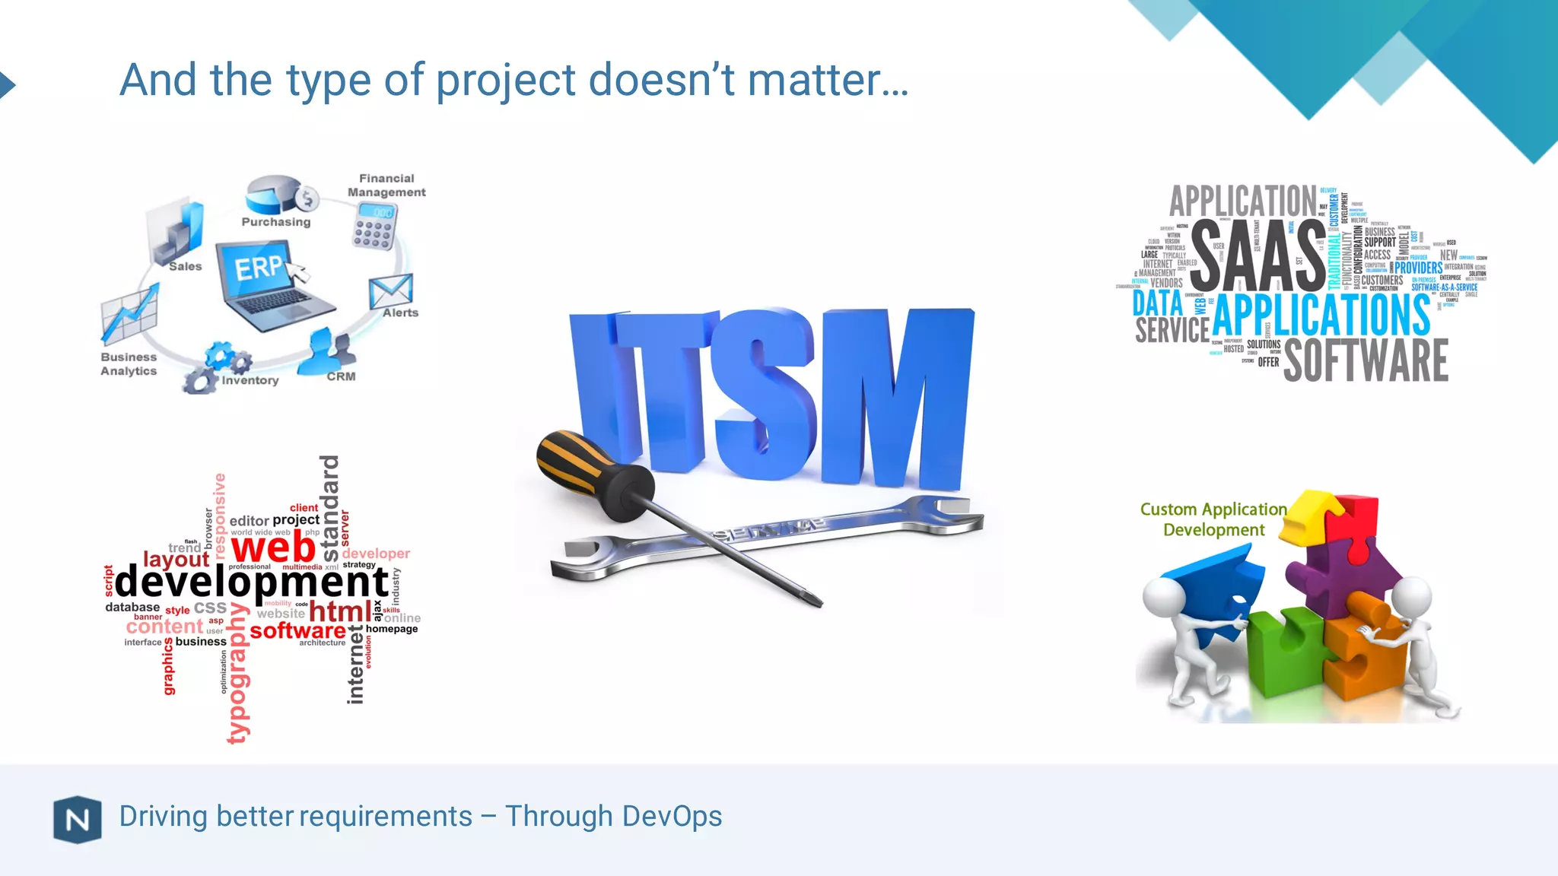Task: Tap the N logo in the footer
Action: click(78, 820)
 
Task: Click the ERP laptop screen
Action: click(255, 268)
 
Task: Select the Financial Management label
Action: click(386, 186)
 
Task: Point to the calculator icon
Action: click(374, 226)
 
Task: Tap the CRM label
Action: click(341, 376)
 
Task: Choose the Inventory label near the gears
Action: click(250, 380)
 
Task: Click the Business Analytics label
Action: click(129, 364)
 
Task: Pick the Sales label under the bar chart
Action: click(185, 266)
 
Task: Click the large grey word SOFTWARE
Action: click(1366, 361)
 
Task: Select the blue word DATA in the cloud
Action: click(1157, 303)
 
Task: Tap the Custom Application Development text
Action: click(1213, 519)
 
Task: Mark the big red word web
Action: click(273, 547)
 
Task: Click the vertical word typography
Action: click(238, 672)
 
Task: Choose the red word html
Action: click(340, 611)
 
